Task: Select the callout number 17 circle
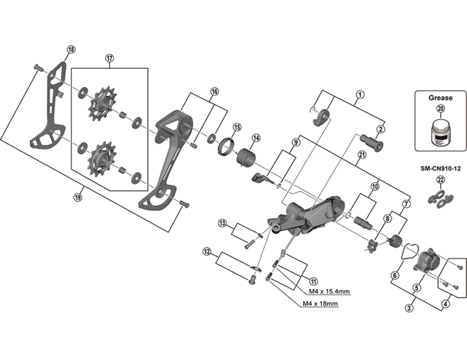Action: [109, 58]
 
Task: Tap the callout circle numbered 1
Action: [360, 94]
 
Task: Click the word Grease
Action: [440, 98]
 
